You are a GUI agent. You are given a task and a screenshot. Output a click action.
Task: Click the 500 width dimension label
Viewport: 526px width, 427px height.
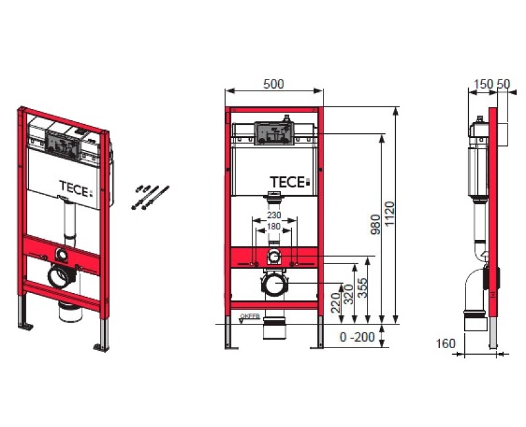pos(274,85)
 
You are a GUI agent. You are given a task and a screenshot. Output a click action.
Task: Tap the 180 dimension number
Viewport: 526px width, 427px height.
pos(274,227)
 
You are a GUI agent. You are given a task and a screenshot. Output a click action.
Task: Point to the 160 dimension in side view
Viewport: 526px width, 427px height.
pos(445,343)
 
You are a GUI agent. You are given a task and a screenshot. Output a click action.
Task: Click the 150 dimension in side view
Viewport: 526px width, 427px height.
pos(483,84)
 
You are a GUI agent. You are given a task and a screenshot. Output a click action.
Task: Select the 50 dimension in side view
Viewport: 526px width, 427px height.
pos(503,84)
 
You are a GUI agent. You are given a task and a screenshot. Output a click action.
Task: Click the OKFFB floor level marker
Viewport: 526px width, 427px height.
pos(251,317)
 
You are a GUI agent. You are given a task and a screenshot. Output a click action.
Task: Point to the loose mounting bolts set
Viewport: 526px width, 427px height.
pos(148,197)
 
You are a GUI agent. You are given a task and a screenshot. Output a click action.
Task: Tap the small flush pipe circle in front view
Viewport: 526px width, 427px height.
pos(274,256)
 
